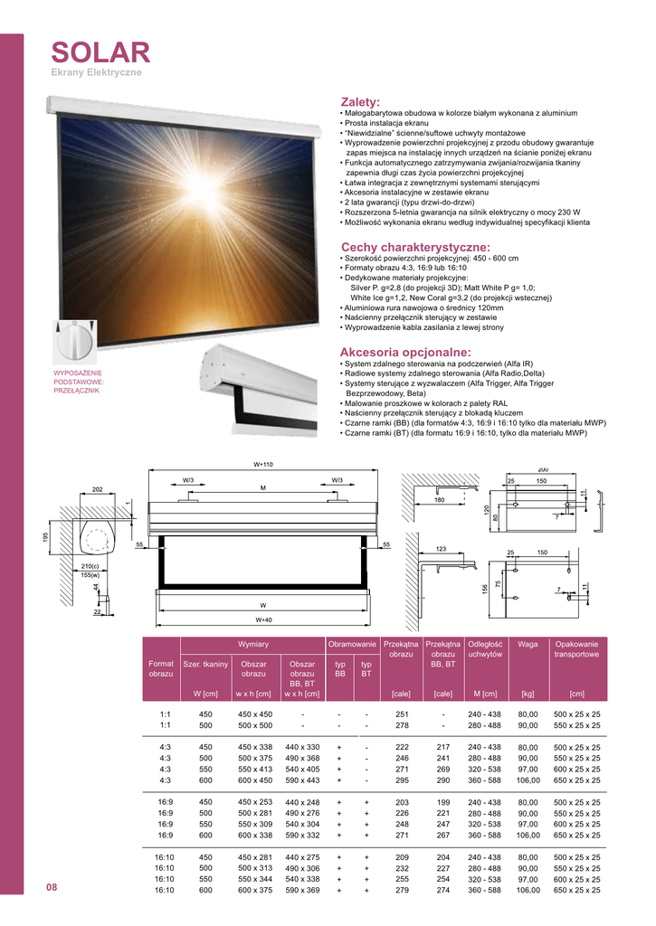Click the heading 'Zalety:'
tap(360, 102)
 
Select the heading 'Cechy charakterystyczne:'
tap(415, 247)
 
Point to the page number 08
tap(52, 887)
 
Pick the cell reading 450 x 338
tap(254, 747)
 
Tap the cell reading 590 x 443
tap(302, 780)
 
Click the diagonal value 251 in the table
tap(403, 713)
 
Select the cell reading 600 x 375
tap(254, 890)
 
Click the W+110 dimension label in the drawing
tap(262, 464)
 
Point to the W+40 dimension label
tap(263, 619)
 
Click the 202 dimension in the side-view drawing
tap(97, 489)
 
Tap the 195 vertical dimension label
tap(44, 537)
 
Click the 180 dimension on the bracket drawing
tap(440, 500)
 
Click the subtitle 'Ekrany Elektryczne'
tap(96, 71)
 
